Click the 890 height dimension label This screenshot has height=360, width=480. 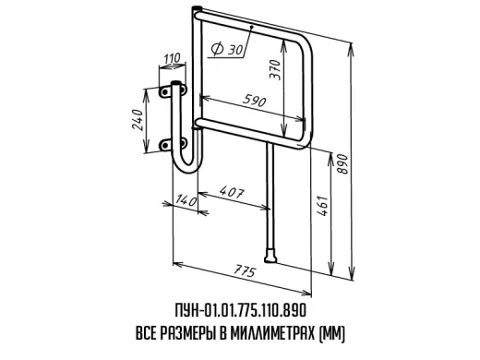[x=342, y=164]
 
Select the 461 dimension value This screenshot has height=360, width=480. [x=323, y=205]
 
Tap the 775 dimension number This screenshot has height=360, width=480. [x=245, y=271]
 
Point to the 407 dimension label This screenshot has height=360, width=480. [x=232, y=192]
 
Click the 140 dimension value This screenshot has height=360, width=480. [x=186, y=200]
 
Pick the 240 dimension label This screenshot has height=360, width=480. [x=138, y=120]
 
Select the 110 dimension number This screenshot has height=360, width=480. [x=173, y=58]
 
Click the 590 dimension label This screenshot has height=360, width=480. [x=254, y=101]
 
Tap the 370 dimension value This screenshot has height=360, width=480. [x=275, y=70]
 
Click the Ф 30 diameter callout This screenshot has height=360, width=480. [x=227, y=49]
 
